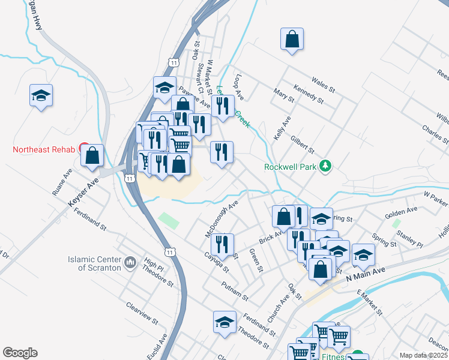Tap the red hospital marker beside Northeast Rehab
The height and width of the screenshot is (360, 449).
point(85,148)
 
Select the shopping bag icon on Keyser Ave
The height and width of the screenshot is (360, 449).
point(92,155)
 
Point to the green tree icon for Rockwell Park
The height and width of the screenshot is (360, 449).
point(325,165)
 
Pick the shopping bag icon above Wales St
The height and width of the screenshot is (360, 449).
point(292,39)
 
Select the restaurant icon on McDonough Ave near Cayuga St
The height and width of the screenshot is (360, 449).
point(222,244)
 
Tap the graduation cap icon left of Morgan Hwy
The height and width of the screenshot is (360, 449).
point(41,95)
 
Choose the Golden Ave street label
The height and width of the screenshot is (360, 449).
point(401,211)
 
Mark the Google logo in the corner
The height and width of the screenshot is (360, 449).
point(20,353)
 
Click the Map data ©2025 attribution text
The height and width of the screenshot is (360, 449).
point(423,355)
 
